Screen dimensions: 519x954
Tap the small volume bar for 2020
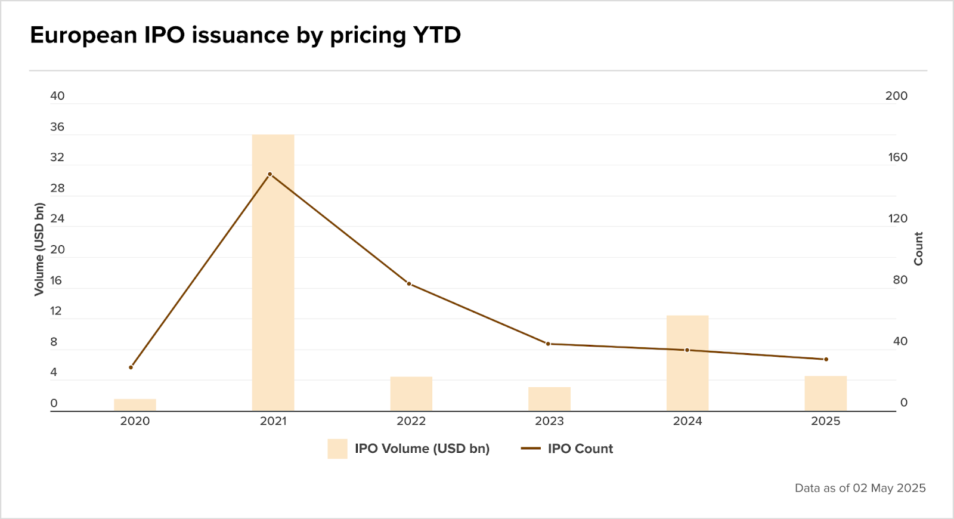[x=135, y=405]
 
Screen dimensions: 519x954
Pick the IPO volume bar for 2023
[x=549, y=399]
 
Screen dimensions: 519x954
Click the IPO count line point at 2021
[x=270, y=174]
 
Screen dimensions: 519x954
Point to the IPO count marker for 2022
[x=409, y=283]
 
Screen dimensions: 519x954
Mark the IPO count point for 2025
[x=826, y=359]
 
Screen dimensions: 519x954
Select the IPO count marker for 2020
[x=131, y=367]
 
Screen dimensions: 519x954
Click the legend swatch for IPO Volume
[x=337, y=449]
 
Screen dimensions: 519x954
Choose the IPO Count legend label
[x=580, y=449]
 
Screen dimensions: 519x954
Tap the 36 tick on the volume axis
[x=57, y=127]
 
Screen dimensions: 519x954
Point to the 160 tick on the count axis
[x=897, y=157]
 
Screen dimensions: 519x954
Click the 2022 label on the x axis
[x=411, y=421]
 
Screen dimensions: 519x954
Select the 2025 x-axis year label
[x=826, y=421]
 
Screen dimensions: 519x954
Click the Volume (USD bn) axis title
[x=39, y=249]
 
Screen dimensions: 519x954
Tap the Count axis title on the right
[x=918, y=249]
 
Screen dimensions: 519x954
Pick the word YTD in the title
[x=437, y=35]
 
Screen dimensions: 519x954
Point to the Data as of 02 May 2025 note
[x=860, y=488]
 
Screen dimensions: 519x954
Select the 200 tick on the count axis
[x=896, y=96]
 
